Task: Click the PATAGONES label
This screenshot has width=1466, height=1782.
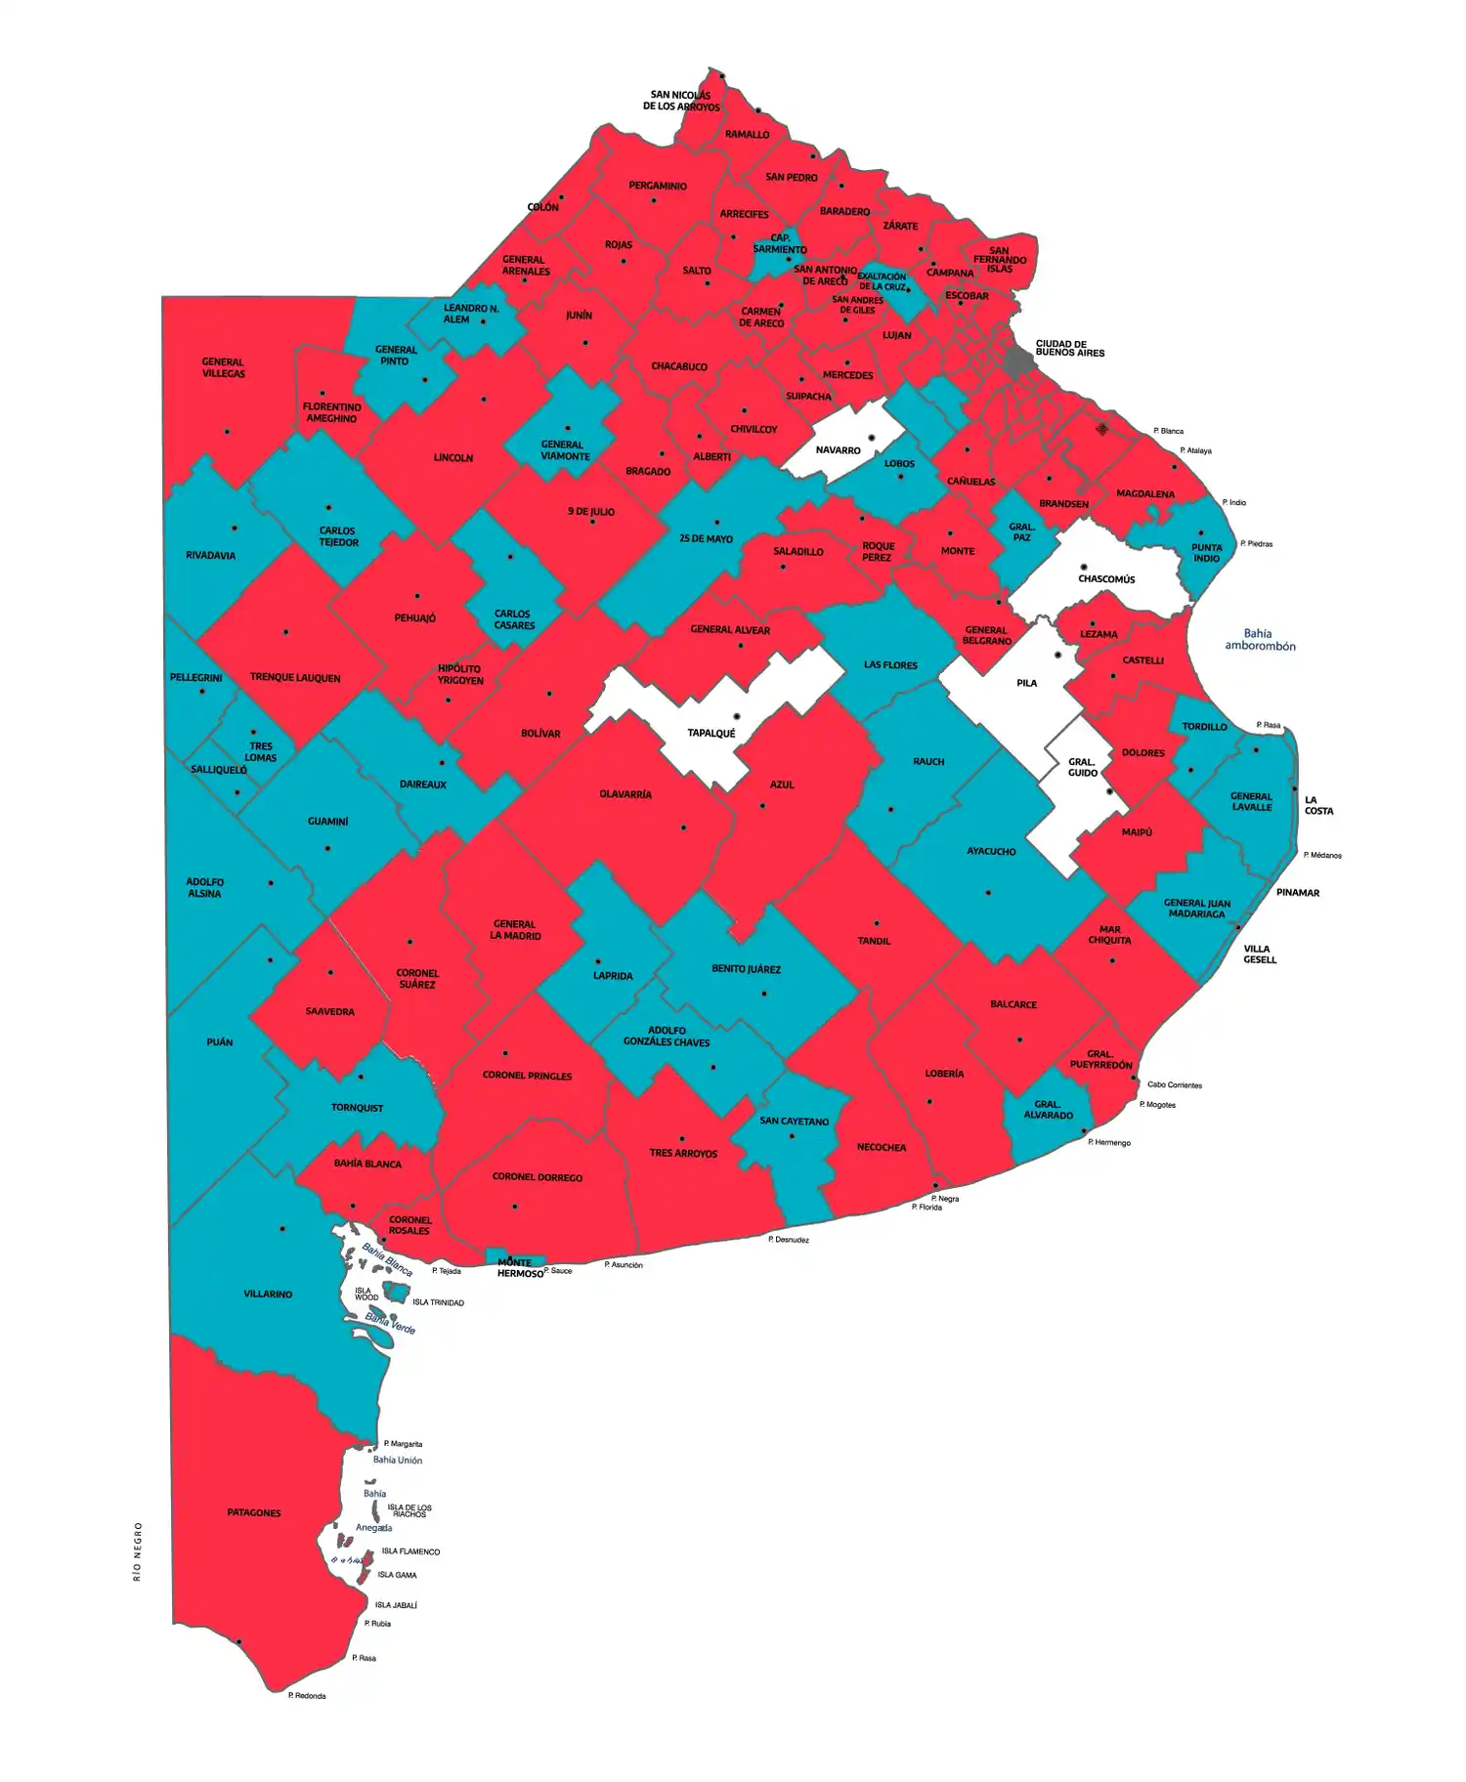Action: click(254, 1512)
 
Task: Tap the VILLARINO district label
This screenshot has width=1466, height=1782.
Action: click(268, 1294)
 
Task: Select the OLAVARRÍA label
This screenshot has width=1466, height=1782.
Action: click(625, 794)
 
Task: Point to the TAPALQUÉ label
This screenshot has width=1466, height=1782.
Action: click(711, 733)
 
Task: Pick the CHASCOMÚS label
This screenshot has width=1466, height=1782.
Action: click(1106, 578)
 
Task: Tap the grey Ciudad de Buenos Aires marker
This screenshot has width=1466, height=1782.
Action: click(1019, 360)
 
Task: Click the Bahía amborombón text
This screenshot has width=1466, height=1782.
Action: click(1260, 639)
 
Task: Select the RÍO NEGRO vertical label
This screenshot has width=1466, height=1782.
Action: click(138, 1550)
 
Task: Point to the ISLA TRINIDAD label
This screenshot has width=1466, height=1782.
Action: click(438, 1302)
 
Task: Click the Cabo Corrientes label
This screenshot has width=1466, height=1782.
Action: click(1174, 1084)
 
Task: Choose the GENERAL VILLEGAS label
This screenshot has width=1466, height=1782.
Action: click(223, 367)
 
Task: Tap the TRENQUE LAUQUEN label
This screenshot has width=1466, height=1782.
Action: click(295, 677)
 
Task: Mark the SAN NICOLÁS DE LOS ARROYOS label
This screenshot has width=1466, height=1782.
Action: click(681, 101)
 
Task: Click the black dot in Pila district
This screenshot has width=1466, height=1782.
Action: click(1057, 655)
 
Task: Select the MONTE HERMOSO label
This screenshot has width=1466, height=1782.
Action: click(519, 1268)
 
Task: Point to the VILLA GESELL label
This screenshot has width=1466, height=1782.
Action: click(1259, 954)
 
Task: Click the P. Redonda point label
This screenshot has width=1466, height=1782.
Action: click(307, 1695)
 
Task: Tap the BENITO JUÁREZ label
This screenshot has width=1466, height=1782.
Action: click(746, 969)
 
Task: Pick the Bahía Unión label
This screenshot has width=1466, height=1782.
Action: click(398, 1460)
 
